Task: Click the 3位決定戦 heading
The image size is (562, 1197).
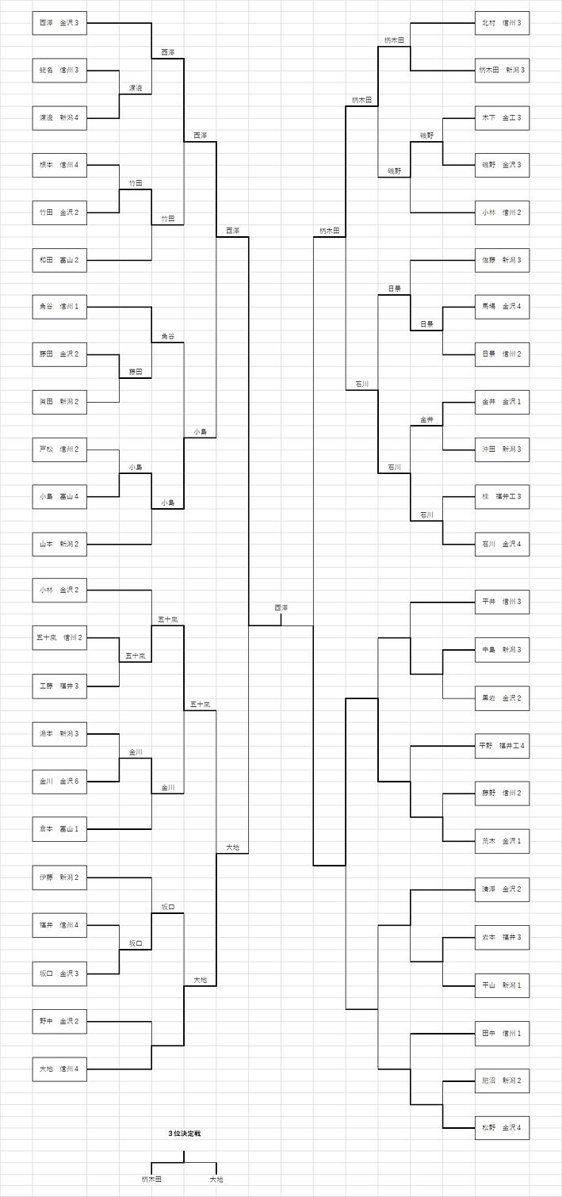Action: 184,1134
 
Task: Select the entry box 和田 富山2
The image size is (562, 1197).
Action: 59,260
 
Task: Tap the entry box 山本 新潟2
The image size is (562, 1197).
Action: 59,545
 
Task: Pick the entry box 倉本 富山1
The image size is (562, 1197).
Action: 59,829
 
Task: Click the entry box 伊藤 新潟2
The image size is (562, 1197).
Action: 59,878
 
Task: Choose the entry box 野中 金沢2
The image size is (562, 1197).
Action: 59,1021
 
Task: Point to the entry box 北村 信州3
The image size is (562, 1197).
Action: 502,23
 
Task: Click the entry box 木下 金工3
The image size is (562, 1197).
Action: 502,118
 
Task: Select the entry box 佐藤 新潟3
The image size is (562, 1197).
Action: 502,260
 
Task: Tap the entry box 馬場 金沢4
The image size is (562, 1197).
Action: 502,306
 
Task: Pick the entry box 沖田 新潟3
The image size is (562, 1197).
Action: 502,449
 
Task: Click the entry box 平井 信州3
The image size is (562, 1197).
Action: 502,602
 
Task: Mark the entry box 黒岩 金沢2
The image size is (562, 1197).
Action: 502,698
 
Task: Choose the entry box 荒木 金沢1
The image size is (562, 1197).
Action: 502,840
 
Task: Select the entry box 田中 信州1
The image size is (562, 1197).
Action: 502,1034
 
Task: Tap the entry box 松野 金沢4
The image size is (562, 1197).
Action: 502,1127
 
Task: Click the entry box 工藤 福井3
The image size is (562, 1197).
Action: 59,686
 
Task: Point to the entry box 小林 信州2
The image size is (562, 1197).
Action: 502,212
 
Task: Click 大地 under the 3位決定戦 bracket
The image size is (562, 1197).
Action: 216,1180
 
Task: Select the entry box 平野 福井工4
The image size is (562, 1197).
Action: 502,746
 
